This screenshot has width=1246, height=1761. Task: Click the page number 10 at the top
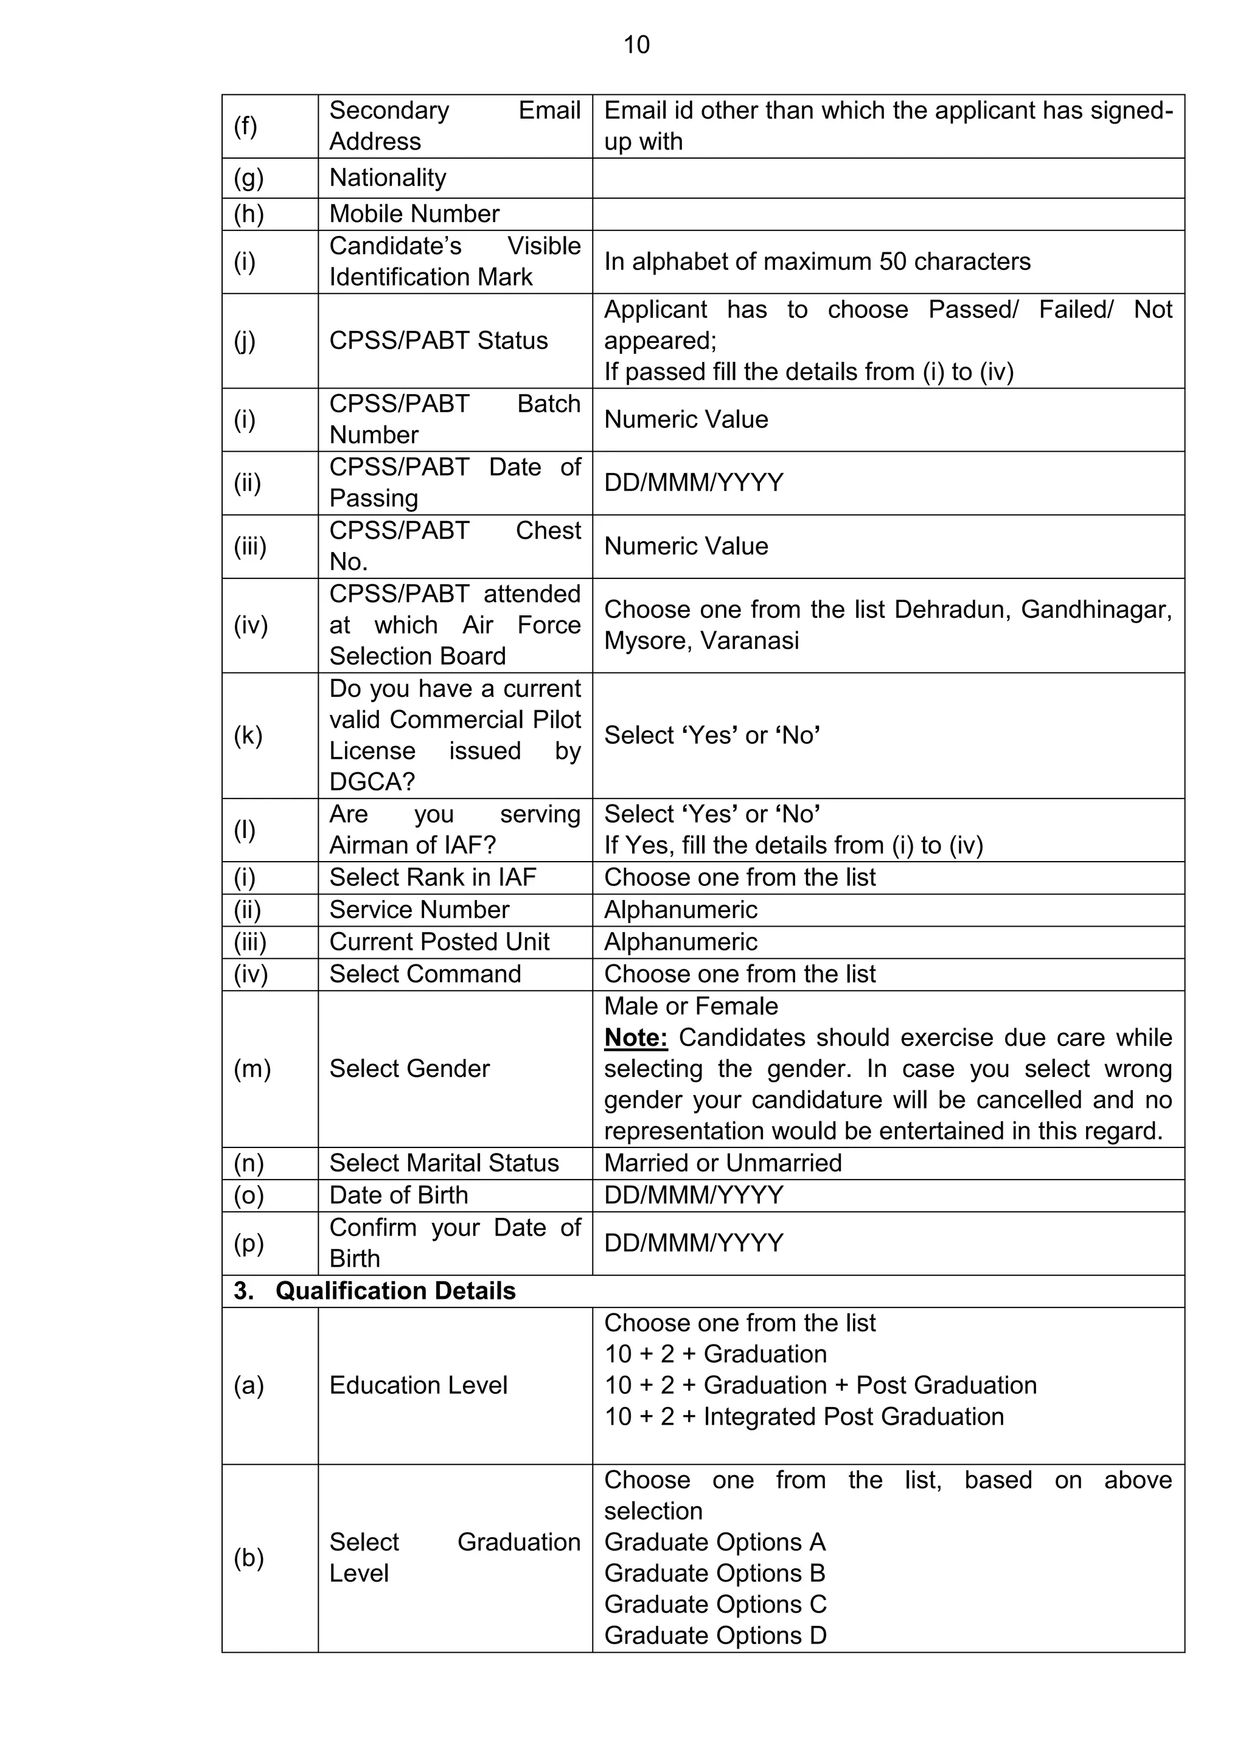[636, 44]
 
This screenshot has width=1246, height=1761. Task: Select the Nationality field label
[388, 178]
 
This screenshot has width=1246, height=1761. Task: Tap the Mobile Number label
[414, 214]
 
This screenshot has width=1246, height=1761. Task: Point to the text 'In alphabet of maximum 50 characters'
[816, 261]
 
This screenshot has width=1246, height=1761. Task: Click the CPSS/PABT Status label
[438, 341]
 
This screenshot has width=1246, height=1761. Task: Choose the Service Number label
[419, 910]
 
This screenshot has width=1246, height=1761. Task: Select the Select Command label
[425, 974]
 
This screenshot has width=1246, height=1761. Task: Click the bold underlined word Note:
[635, 1038]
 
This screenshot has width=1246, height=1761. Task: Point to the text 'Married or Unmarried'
[722, 1163]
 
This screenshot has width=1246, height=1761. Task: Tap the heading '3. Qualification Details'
[374, 1291]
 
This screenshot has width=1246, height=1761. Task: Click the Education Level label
[418, 1385]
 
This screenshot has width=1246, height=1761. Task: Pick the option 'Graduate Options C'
[714, 1605]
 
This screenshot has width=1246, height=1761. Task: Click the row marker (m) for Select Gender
[252, 1068]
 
